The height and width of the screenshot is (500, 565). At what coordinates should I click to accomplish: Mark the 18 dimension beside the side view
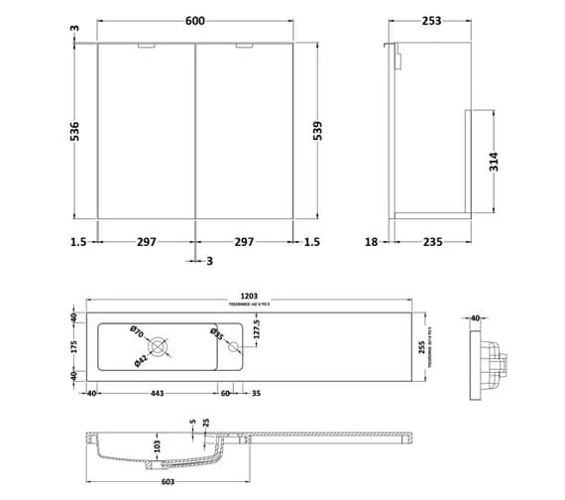(372, 241)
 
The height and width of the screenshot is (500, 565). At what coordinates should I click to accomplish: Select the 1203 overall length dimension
(252, 297)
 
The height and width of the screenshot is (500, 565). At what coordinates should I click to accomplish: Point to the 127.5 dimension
(257, 326)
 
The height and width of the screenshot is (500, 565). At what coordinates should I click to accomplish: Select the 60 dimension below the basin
(225, 394)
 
